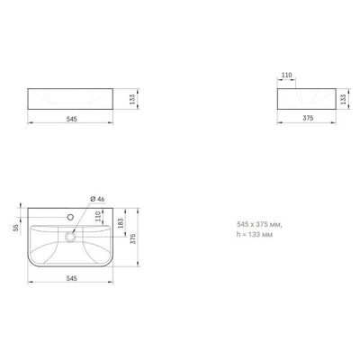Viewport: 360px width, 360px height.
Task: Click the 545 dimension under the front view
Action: pyautogui.click(x=72, y=119)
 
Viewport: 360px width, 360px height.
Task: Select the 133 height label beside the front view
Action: pyautogui.click(x=132, y=99)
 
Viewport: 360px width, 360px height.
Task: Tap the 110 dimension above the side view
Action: pyautogui.click(x=287, y=76)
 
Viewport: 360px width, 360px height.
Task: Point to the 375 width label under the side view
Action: pyautogui.click(x=308, y=118)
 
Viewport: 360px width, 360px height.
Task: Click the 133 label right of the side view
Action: pyautogui.click(x=344, y=99)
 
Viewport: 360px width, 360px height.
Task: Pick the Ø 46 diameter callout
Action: pyautogui.click(x=98, y=199)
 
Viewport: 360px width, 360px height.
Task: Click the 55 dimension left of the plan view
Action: pyautogui.click(x=16, y=228)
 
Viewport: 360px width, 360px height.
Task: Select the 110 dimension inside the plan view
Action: pyautogui.click(x=98, y=216)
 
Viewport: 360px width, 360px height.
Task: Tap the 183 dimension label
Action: pyautogui.click(x=121, y=223)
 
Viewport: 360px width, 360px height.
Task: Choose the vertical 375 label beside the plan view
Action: pyautogui.click(x=133, y=238)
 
